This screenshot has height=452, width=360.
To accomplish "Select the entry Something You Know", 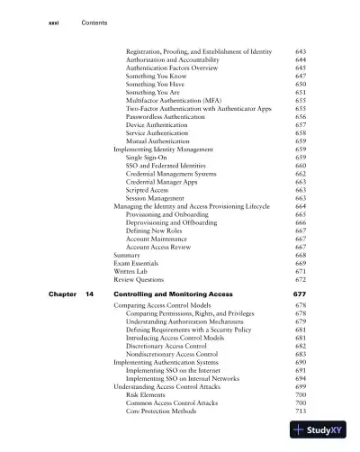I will [x=157, y=79].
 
